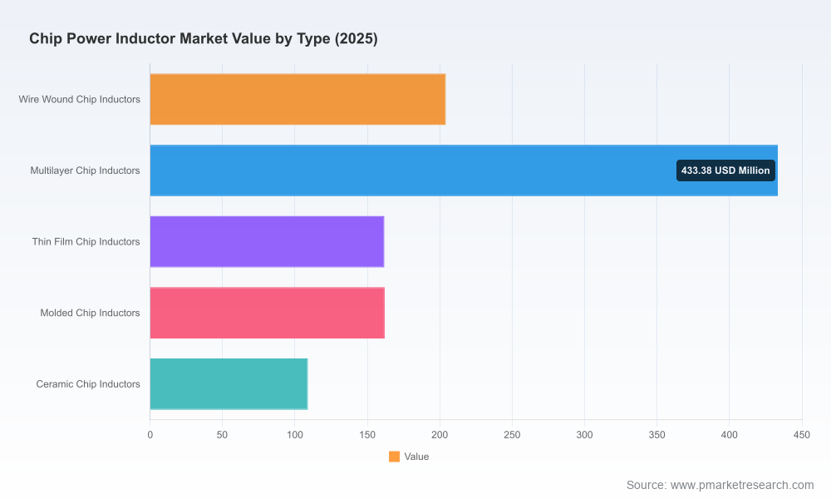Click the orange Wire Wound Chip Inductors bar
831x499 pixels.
297,99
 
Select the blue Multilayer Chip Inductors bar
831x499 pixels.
464,170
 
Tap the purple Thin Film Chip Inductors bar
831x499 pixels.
267,241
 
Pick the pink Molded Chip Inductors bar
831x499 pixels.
267,313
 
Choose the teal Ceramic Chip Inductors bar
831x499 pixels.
229,384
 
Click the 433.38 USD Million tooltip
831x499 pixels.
725,170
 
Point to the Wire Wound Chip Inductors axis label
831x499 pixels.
80,99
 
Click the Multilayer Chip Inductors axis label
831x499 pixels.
86,170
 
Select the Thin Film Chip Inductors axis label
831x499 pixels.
86,241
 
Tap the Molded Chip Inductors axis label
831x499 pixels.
90,313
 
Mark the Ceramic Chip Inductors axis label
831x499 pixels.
88,384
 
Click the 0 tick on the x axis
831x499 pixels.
150,435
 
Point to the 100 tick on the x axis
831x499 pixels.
295,435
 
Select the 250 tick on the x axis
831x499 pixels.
512,435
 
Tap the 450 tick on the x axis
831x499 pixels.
802,435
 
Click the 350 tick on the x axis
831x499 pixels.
656,435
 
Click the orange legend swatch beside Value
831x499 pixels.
394,457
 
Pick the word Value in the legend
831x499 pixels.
416,457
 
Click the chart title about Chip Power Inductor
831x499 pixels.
204,39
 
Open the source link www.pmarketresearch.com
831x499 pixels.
742,485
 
